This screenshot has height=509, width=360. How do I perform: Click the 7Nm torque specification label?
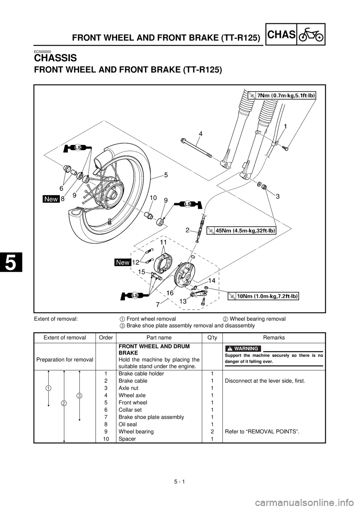tap(282, 96)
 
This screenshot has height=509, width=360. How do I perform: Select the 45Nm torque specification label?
tap(241, 231)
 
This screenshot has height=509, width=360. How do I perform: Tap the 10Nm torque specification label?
tap(263, 296)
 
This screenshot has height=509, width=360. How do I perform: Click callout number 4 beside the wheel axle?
tap(201, 134)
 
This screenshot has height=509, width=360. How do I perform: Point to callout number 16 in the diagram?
tap(169, 293)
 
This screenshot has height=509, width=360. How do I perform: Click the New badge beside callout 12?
tap(123, 262)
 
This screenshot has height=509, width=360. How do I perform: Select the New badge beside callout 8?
tap(51, 199)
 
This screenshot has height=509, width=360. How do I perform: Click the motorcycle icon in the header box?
tap(311, 34)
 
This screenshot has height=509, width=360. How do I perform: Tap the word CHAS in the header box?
tap(282, 34)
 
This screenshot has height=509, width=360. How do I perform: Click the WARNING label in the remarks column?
tap(243, 349)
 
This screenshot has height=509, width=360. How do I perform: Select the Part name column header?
tap(159, 337)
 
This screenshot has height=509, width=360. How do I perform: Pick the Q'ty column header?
tap(212, 337)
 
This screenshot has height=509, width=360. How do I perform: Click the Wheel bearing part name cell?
tap(136, 431)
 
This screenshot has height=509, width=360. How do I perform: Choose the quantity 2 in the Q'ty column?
tap(212, 431)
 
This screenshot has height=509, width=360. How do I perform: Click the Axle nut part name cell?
tap(128, 388)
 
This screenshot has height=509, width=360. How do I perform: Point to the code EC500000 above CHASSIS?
tap(42, 51)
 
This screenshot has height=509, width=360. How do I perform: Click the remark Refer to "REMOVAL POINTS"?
tap(262, 431)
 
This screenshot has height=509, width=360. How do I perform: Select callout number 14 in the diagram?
tap(211, 281)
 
